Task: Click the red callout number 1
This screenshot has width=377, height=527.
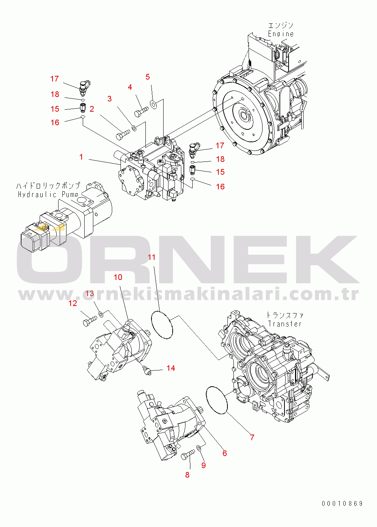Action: (81, 157)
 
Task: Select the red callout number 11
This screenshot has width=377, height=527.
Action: (151, 257)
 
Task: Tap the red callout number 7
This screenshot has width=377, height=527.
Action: (252, 437)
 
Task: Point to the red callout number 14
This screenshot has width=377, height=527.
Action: (171, 368)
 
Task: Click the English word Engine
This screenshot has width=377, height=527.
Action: (281, 34)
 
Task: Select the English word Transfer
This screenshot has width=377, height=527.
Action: (285, 324)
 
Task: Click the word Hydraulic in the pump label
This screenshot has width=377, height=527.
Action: (37, 195)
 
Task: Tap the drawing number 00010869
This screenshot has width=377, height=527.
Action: (342, 504)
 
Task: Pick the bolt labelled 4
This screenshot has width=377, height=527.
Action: (141, 112)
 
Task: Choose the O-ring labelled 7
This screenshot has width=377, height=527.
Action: (217, 399)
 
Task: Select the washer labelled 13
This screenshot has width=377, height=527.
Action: (101, 314)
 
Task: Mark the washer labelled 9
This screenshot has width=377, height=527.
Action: (199, 448)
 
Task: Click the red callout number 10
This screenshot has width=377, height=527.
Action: (118, 277)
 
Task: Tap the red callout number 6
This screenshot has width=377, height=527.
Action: (224, 453)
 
